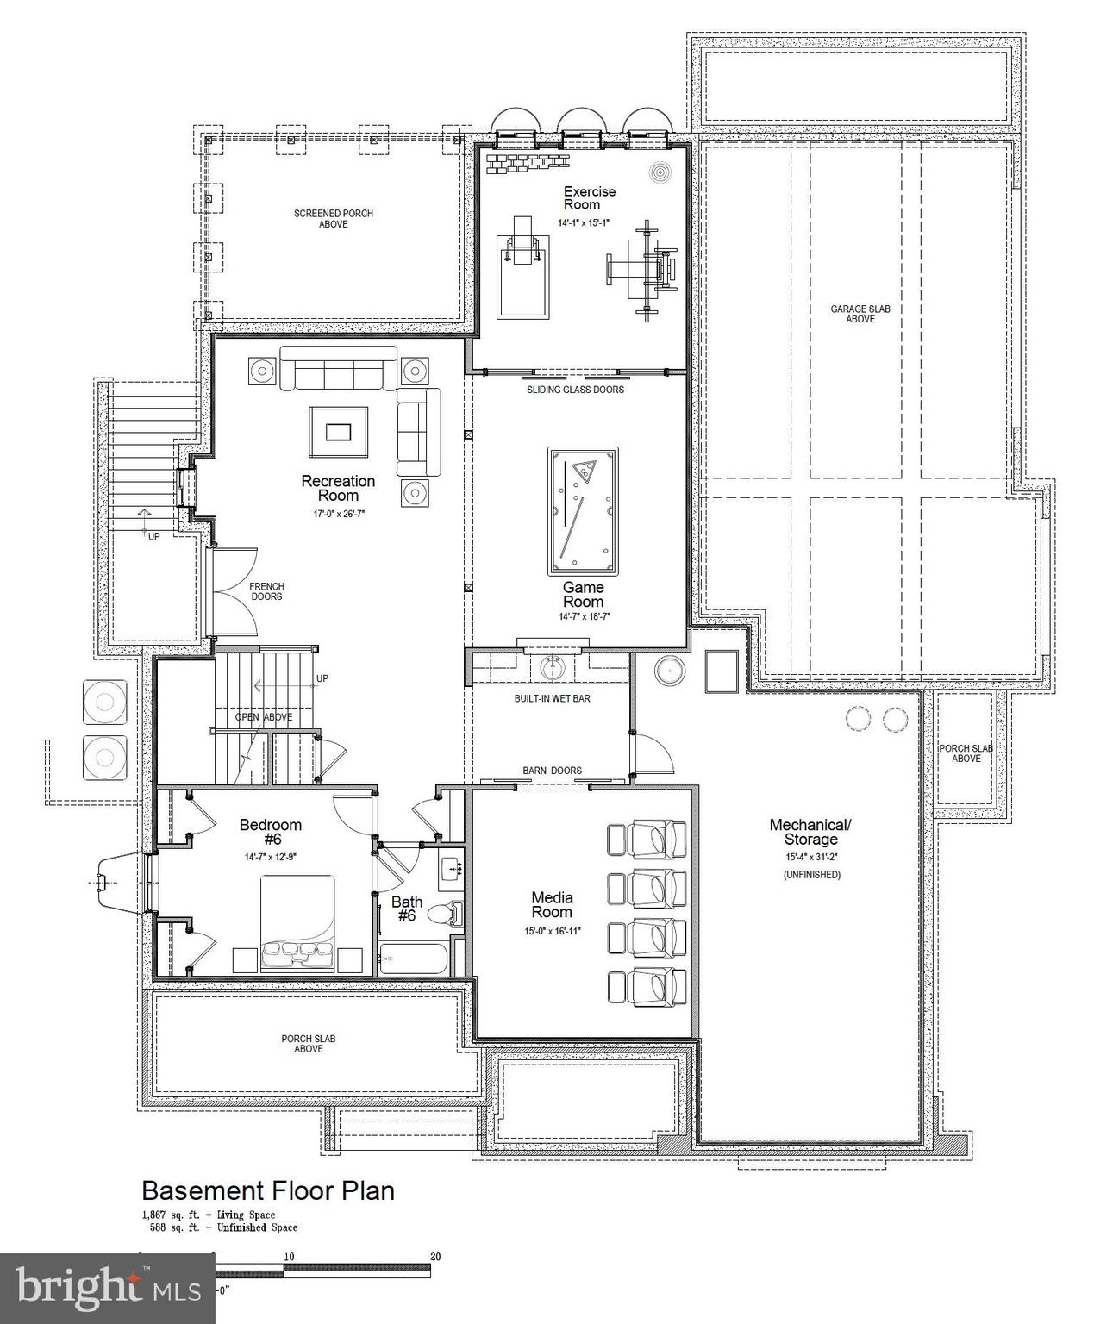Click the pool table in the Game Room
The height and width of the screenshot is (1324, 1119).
tap(584, 511)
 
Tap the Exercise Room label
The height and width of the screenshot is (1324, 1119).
tap(589, 197)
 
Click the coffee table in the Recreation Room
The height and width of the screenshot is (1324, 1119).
tap(339, 430)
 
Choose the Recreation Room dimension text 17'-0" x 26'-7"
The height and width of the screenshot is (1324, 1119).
tap(338, 514)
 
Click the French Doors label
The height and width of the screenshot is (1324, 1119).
tap(266, 591)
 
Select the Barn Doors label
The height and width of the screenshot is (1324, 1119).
tap(552, 771)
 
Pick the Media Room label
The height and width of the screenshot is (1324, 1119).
tap(552, 905)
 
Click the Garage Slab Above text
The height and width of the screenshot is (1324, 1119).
tap(860, 314)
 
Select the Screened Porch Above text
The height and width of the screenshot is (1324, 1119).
tap(334, 218)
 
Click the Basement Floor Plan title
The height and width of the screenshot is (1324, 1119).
tap(268, 1190)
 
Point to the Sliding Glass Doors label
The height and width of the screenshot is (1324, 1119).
tap(575, 390)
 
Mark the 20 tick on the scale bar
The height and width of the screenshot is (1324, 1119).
tap(435, 1257)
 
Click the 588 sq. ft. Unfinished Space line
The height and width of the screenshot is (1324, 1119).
tap(220, 1227)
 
